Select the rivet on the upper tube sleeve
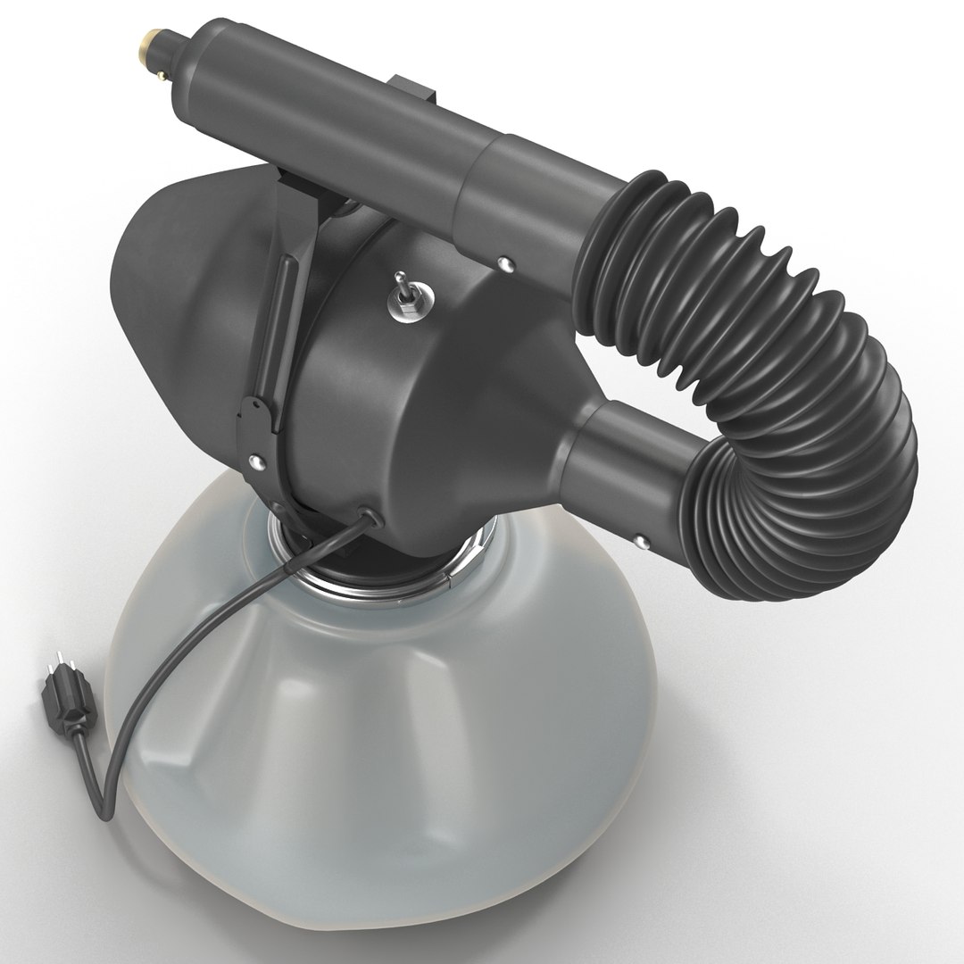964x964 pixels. point(507,263)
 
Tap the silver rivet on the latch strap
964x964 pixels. point(258,461)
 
